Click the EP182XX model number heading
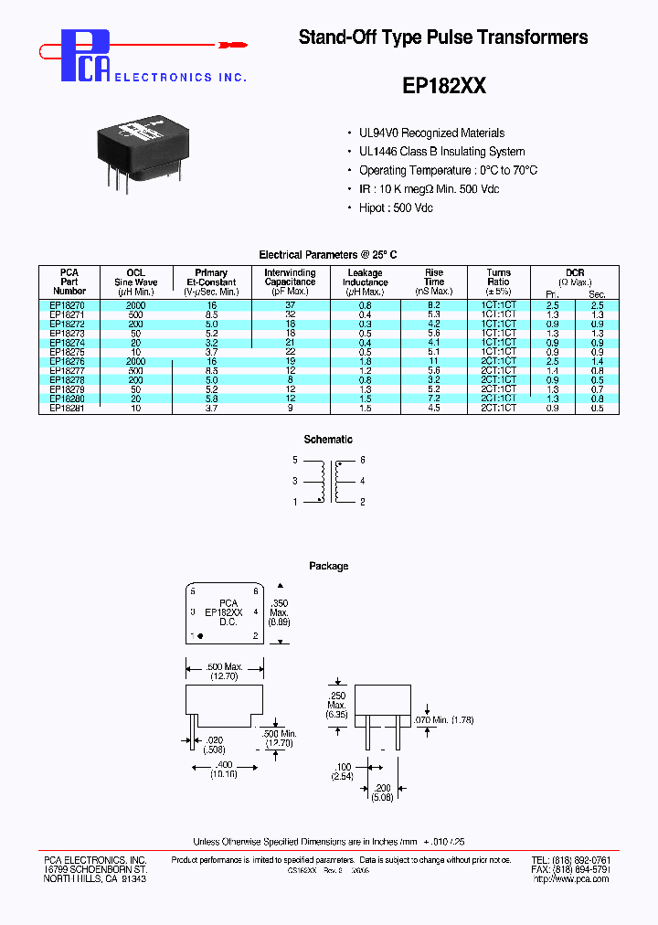click(444, 86)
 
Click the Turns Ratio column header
click(498, 282)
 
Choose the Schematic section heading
click(328, 440)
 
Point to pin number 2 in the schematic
click(363, 502)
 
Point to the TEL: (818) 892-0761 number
click(570, 861)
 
